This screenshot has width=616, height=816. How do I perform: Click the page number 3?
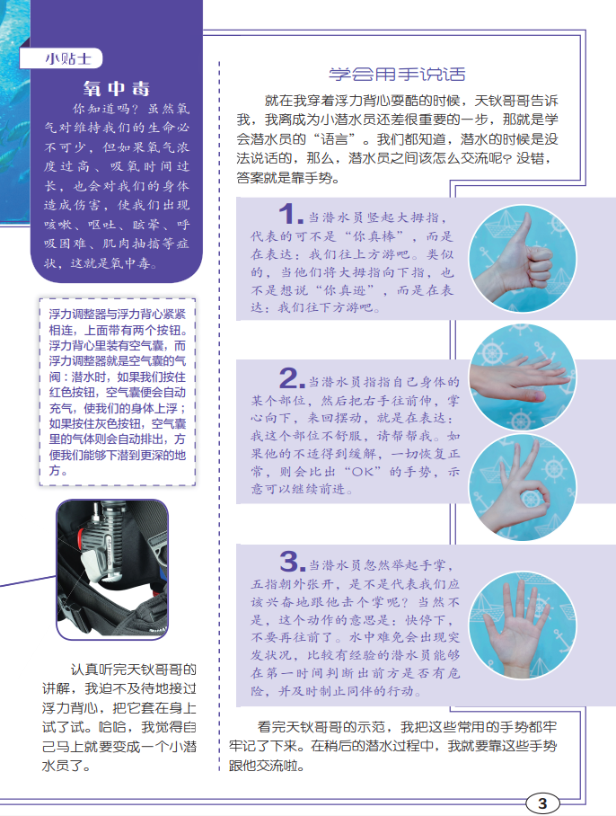coord(542,803)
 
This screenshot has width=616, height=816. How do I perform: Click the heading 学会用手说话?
coord(397,74)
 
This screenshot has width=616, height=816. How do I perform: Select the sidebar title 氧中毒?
coord(117,88)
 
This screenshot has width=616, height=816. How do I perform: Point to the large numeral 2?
coord(292,378)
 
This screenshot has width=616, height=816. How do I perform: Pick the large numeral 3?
coord(292,562)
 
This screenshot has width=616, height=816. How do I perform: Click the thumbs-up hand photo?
coord(523,259)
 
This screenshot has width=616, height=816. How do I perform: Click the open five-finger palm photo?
coord(523,625)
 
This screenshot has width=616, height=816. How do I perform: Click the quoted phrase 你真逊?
coord(345,290)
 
